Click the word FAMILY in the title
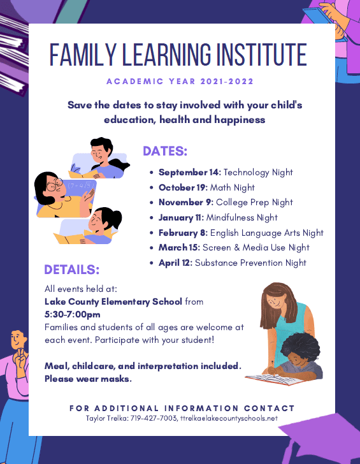pos(83,55)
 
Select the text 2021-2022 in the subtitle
pos(227,82)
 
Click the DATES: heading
pos(165,151)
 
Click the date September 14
pos(189,172)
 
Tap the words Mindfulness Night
pos(241,217)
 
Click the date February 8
pos(182,233)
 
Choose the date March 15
pos(179,247)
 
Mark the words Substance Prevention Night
pos(250,263)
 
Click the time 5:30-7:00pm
pos(73,314)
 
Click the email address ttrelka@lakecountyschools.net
pos(229,418)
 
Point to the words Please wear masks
pos(88,379)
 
